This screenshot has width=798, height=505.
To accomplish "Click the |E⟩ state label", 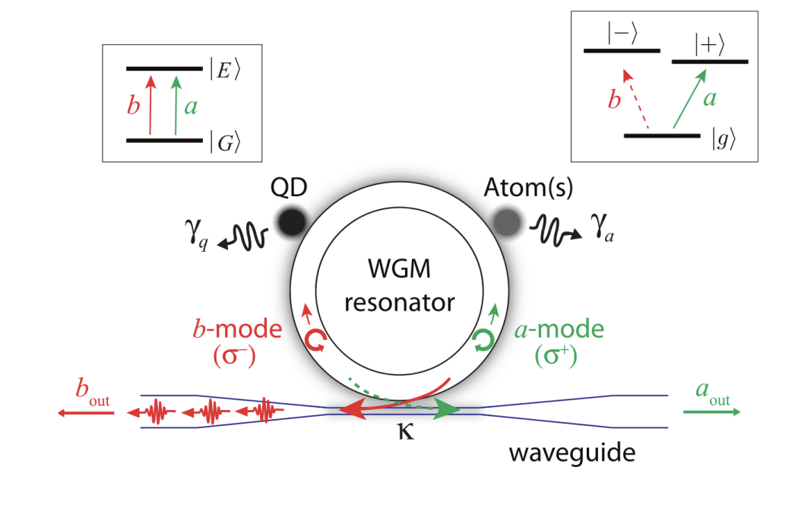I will [x=226, y=71].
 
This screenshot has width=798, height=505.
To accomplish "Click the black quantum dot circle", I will [x=293, y=221].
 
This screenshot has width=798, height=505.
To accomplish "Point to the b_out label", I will [x=86, y=393].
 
